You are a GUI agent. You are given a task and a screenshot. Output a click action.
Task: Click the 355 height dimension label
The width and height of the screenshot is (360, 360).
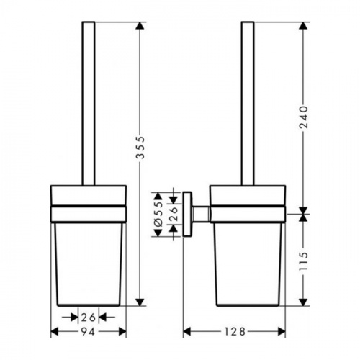click(140, 148)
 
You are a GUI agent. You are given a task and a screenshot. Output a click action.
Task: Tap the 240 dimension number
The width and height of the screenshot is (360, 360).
click(304, 117)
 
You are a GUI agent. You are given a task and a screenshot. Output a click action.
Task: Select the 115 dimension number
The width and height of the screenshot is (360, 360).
click(304, 261)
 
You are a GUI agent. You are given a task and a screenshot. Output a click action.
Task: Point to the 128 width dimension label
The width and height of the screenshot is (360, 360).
click(235, 332)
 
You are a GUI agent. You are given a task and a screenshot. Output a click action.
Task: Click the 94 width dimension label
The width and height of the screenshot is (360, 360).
click(88, 332)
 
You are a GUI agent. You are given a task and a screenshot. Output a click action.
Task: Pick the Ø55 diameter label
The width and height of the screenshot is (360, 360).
click(158, 215)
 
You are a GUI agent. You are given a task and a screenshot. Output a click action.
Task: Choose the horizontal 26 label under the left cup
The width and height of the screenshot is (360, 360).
click(88, 318)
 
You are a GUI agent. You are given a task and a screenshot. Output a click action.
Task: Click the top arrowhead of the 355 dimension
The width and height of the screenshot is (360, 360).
click(140, 26)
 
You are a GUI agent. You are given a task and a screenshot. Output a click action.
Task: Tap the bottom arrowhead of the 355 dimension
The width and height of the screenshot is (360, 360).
click(140, 302)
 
